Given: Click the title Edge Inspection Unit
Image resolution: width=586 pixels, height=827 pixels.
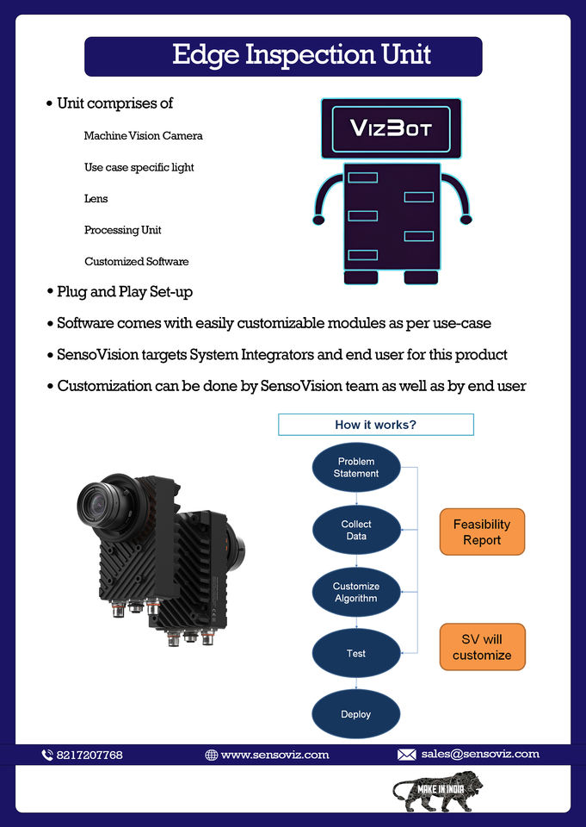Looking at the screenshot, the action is [301, 55].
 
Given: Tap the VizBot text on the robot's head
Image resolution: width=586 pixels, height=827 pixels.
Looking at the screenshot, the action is [391, 128].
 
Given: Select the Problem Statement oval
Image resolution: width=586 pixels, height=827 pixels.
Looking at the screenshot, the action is [356, 468].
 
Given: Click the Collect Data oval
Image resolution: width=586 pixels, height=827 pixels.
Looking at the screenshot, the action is [356, 530].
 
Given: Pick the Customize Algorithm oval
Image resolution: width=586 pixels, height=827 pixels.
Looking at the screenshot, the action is [356, 593].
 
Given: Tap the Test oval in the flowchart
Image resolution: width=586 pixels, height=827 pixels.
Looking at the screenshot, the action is [356, 654].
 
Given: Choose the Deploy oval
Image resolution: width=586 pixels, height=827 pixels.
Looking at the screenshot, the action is [356, 715].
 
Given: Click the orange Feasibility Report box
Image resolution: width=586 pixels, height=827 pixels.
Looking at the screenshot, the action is [482, 532].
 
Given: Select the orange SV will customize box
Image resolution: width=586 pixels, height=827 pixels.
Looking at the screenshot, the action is [482, 647].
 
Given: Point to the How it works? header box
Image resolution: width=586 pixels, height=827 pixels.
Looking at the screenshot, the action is [376, 425].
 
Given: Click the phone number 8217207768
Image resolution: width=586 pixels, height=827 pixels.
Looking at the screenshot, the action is [89, 755].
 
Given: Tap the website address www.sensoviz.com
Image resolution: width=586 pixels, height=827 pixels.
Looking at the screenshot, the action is [274, 755].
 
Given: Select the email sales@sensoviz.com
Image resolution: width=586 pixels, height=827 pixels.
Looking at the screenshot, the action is [480, 754].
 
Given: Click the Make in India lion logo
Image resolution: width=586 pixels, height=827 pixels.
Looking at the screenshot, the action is [438, 789].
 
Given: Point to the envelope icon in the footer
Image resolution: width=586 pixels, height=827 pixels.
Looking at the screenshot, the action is [406, 755].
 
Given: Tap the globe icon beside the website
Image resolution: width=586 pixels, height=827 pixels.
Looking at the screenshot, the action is [211, 755].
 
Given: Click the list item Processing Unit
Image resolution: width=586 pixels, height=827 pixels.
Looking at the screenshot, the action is [123, 230].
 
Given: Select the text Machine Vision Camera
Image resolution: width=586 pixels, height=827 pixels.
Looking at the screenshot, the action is [144, 136].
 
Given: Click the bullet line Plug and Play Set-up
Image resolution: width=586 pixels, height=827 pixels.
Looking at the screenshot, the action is [125, 292].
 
